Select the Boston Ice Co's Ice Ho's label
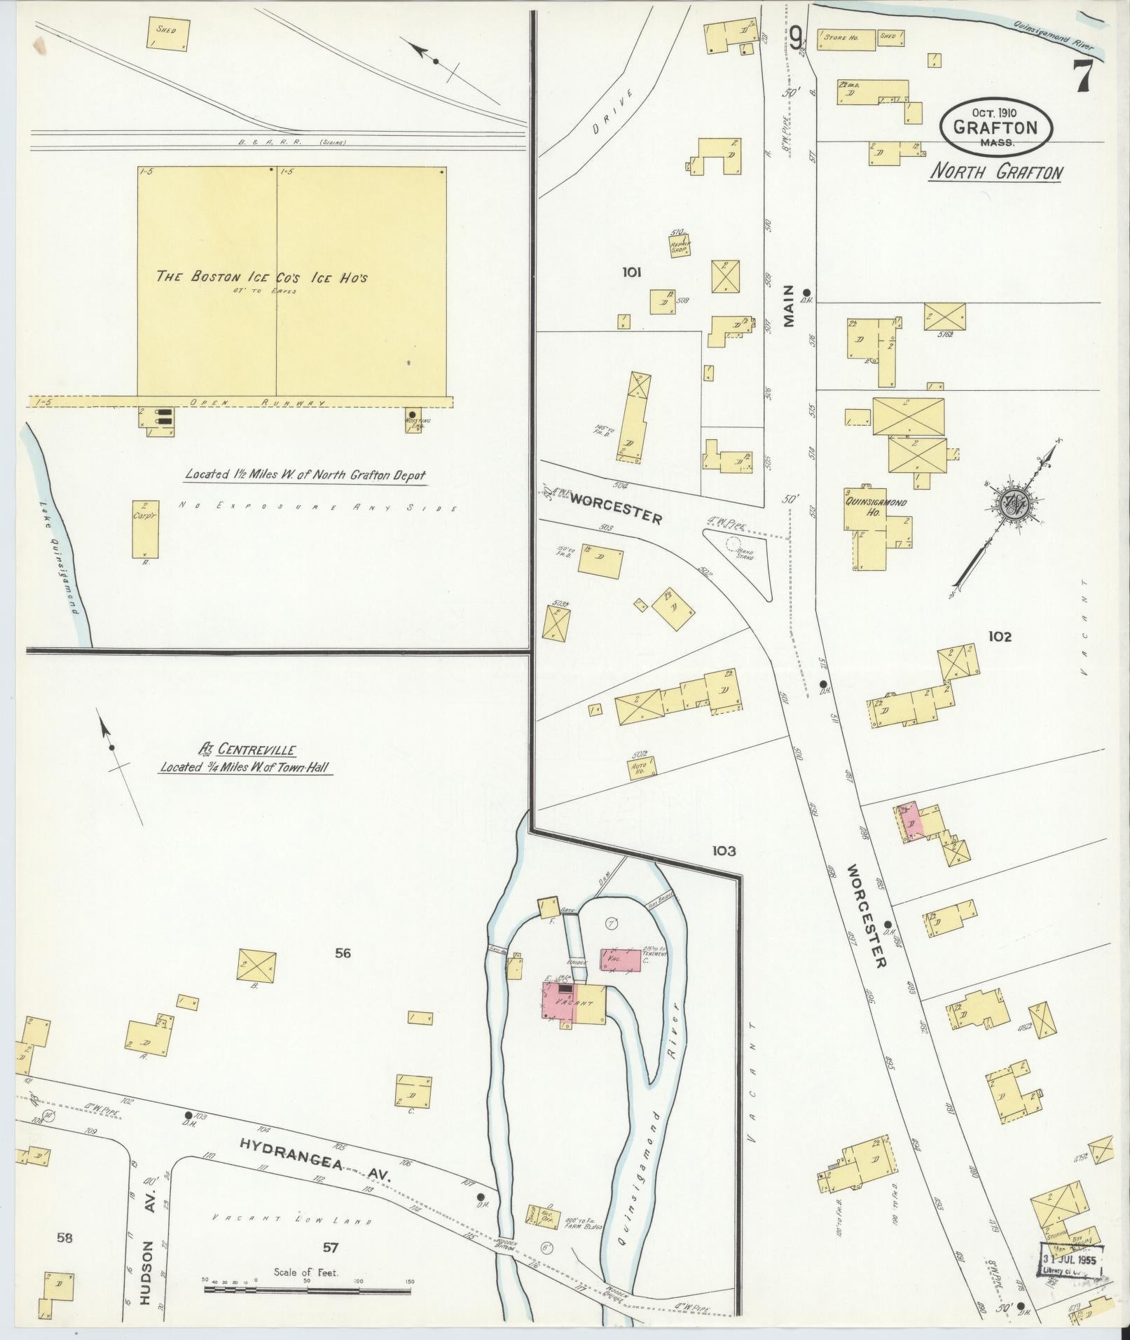tap(262, 277)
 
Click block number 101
tap(631, 272)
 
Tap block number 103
tap(724, 851)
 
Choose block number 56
tap(343, 953)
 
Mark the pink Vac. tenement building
tap(620, 960)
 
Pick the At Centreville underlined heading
tap(247, 751)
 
